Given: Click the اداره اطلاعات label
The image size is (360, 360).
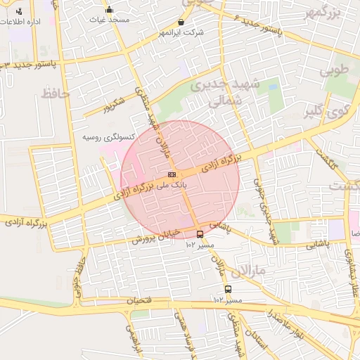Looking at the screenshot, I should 30,22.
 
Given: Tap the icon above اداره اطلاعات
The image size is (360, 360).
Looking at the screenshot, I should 18,11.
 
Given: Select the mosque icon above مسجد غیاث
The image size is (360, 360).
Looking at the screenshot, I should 109,10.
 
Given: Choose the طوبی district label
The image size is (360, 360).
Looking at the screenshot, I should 335,70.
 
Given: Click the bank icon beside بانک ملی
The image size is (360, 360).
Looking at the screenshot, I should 172,174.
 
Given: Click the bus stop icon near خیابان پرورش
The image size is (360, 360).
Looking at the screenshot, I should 200,234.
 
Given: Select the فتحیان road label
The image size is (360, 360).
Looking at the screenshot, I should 139,300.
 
